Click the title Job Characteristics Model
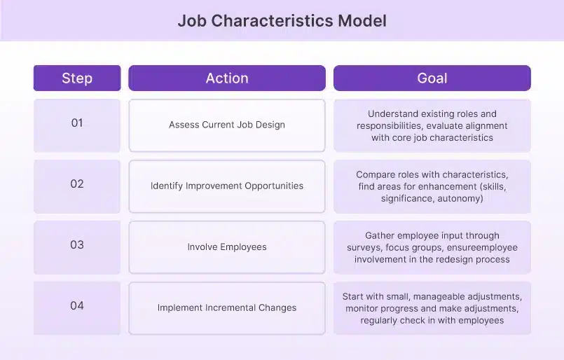pyautogui.click(x=282, y=20)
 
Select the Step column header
pyautogui.click(x=77, y=78)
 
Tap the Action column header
pyautogui.click(x=227, y=78)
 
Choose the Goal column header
pyautogui.click(x=432, y=78)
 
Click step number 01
pyautogui.click(x=77, y=123)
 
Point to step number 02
pyautogui.click(x=77, y=184)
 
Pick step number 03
pyautogui.click(x=77, y=244)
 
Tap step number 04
pyautogui.click(x=77, y=305)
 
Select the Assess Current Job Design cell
pyautogui.click(x=227, y=125)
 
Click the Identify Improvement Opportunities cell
pyautogui.click(x=227, y=186)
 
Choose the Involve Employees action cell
pyautogui.click(x=227, y=247)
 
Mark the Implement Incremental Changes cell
pyautogui.click(x=227, y=308)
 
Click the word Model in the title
pyautogui.click(x=362, y=20)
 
